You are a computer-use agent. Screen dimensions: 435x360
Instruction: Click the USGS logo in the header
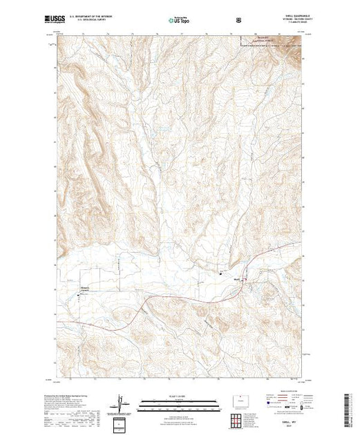57,20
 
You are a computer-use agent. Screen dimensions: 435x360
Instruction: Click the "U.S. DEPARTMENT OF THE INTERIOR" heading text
101,18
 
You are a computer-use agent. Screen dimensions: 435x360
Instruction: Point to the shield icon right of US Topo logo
238,20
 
